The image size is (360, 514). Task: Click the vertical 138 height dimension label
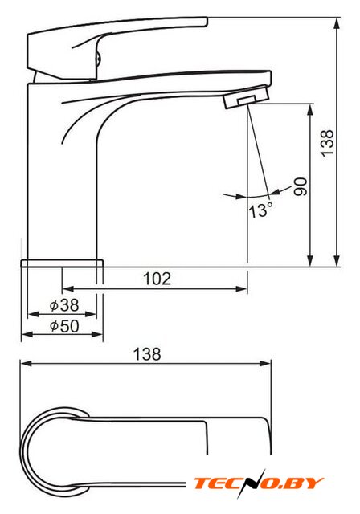pos(327,143)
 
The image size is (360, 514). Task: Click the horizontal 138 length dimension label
pos(147,354)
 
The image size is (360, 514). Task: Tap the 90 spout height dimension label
pos(301,187)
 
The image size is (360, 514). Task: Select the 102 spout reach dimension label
pos(157,279)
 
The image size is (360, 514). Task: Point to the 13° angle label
pos(260,210)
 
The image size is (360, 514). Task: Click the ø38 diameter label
pos(64,305)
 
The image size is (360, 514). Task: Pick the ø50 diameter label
pos(64,326)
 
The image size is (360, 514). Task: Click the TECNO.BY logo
pos(259,483)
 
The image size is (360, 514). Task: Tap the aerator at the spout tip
pos(247,97)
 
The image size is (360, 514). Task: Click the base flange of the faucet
pos(62,263)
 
